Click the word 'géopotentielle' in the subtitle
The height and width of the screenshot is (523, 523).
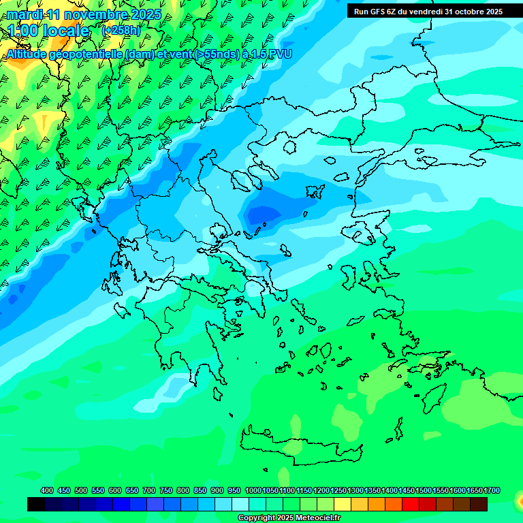click(86, 54)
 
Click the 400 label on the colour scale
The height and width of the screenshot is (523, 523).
click(47, 490)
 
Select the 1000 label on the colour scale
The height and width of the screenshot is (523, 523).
click(253, 490)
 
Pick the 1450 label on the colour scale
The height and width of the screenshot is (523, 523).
click(407, 490)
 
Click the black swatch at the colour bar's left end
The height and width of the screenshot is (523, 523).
click(36, 504)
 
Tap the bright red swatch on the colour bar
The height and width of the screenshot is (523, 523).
click(411, 504)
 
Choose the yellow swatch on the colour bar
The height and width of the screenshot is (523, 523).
click(343, 504)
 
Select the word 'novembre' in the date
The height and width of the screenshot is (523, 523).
click(99, 14)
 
